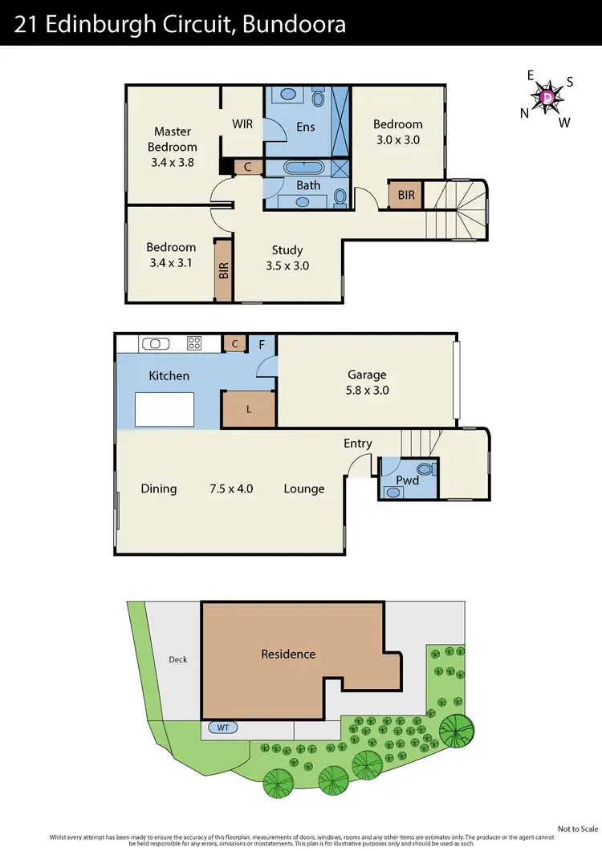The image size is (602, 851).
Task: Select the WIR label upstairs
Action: [243, 124]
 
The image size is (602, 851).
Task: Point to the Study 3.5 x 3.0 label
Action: [287, 257]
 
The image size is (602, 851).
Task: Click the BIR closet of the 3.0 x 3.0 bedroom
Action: [405, 195]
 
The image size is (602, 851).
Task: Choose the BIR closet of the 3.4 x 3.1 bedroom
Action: [223, 270]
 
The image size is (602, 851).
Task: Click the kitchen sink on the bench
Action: [156, 343]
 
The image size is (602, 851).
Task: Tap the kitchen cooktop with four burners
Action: [194, 343]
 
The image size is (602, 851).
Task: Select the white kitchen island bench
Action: [166, 409]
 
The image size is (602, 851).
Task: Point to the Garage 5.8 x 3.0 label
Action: [367, 382]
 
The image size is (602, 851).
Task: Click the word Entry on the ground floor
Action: [358, 444]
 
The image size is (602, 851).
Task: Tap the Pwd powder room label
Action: [408, 480]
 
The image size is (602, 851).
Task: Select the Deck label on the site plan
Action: [177, 659]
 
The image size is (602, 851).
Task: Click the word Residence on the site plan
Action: [288, 654]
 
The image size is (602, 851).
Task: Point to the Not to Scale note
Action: [578, 828]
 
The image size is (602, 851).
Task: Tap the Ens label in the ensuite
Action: [305, 127]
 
